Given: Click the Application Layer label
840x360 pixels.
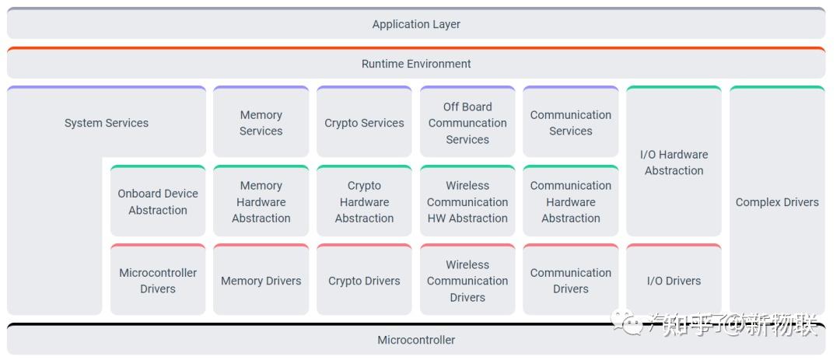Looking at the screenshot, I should tap(416, 24).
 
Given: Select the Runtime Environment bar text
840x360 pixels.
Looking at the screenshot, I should tap(416, 64).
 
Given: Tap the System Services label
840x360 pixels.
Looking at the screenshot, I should tap(107, 123).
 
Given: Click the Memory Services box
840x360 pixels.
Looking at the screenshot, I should tap(261, 123).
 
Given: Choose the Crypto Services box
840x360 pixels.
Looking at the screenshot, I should tap(364, 123).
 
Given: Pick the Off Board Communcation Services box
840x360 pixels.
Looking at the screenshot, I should tap(467, 123).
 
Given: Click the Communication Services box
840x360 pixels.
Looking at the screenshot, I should tap(571, 123).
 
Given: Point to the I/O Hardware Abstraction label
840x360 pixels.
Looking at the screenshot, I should tap(674, 163).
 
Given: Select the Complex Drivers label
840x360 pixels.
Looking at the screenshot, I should tap(777, 202).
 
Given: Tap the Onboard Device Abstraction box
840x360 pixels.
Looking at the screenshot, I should tap(158, 202).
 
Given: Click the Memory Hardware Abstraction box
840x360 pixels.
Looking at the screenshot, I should tap(261, 202).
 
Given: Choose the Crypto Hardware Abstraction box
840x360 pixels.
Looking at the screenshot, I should tap(364, 202).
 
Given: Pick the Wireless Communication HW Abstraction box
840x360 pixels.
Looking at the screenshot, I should tap(467, 202).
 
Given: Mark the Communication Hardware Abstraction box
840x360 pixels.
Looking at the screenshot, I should tap(571, 202).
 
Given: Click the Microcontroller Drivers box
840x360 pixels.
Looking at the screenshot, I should tap(158, 281).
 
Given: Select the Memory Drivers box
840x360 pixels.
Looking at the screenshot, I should tap(261, 281).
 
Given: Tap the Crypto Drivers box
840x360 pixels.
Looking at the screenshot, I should tap(364, 281).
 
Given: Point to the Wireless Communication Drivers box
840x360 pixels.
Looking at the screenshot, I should tap(467, 281).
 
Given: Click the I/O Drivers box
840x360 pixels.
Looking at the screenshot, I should tap(674, 281).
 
